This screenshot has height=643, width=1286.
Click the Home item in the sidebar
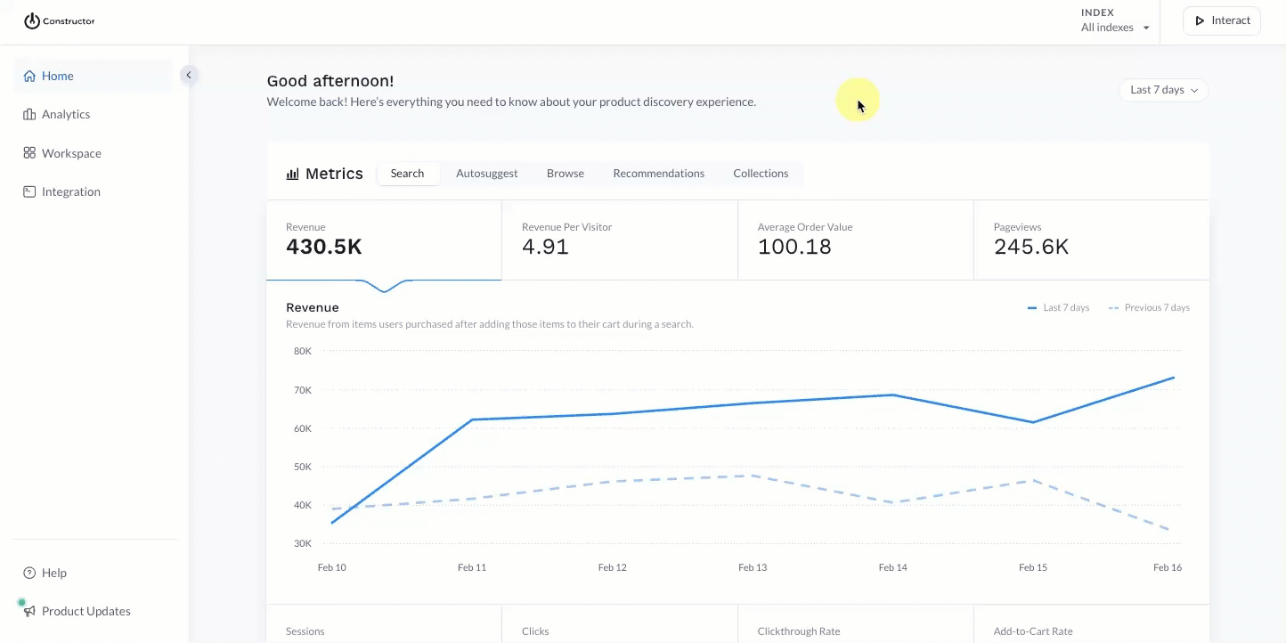pos(57,77)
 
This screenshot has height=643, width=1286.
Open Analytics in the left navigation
pos(65,115)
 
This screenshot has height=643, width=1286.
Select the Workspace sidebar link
pos(70,153)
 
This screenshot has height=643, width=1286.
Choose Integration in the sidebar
pos(70,191)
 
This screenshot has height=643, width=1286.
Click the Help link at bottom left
pos(53,573)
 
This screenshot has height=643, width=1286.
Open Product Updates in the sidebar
pos(85,611)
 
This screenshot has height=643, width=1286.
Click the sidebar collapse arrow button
pos(188,76)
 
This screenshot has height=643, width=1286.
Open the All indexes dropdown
pos(1115,28)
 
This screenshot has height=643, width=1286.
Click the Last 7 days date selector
pos(1163,90)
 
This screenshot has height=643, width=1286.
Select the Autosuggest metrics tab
pos(486,174)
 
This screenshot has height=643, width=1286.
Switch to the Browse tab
pos(565,174)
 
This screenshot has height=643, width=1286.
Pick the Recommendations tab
pos(658,174)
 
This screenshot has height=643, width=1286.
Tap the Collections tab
pos(761,174)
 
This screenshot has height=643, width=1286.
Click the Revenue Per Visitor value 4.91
pos(545,247)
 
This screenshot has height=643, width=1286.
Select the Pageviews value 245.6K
pos(1031,247)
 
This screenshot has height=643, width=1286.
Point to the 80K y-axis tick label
pos(303,351)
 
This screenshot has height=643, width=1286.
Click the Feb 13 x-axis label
pos(753,567)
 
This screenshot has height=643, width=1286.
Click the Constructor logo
pos(59,21)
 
